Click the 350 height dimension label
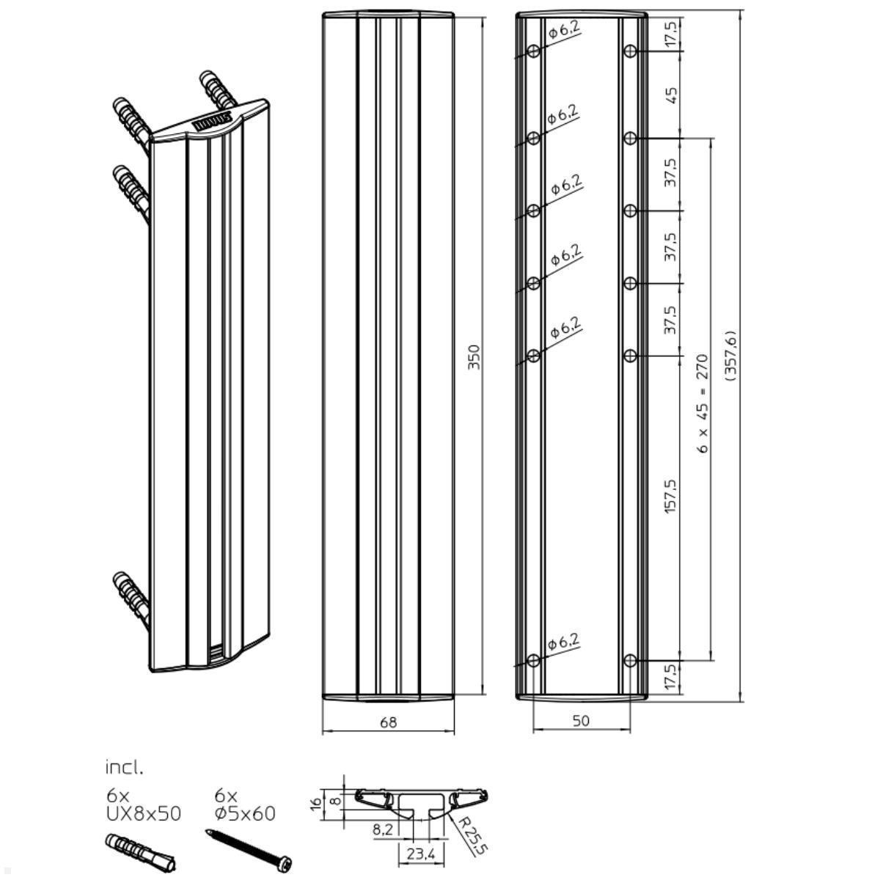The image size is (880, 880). point(474,356)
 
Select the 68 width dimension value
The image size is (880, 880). point(389,722)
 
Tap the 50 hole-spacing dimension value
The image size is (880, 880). point(580,721)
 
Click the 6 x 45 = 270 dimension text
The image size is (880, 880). point(703,403)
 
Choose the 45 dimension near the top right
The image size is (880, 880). point(670,95)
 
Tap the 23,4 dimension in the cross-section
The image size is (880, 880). point(421,853)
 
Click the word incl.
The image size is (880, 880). point(124,768)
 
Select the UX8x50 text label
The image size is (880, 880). point(144,813)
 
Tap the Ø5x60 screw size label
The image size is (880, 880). point(245,813)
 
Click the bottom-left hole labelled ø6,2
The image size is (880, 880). point(534,661)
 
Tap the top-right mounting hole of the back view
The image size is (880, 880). point(630,51)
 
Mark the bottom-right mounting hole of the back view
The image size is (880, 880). point(630,661)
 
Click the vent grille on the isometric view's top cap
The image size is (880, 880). point(213,122)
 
